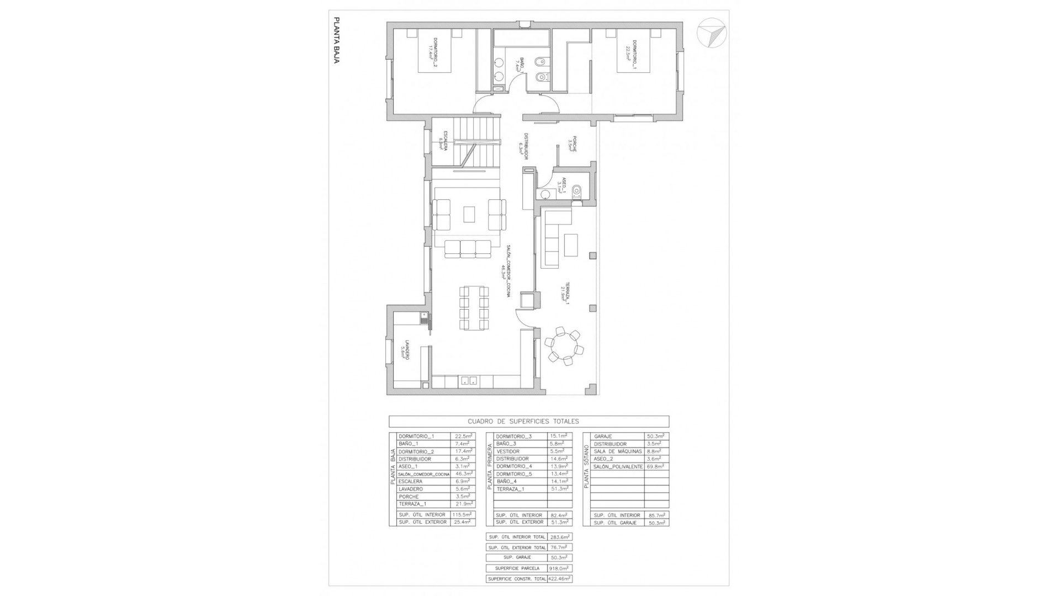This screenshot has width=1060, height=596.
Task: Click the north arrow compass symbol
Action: (x=711, y=33)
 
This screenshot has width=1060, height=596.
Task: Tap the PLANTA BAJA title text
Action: (x=336, y=40)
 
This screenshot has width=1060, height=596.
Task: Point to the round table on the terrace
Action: (x=563, y=346)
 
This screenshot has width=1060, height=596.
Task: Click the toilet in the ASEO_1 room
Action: (x=577, y=191)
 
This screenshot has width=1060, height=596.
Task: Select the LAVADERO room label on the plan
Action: (x=406, y=349)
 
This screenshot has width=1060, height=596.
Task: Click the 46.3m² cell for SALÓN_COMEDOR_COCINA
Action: (x=462, y=474)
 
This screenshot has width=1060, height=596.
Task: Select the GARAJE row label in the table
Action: (x=602, y=437)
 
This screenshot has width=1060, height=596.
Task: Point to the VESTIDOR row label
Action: (x=508, y=451)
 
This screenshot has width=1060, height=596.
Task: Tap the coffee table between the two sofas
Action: (x=469, y=214)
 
